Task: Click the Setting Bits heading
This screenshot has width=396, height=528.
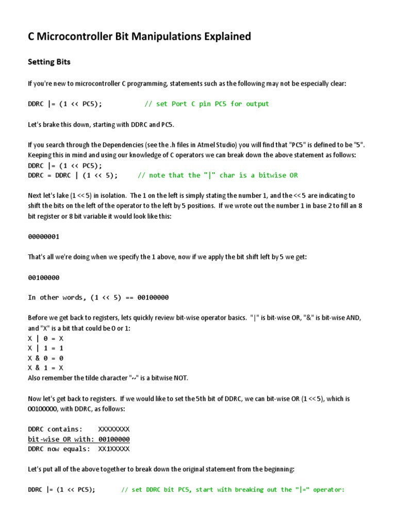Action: point(48,62)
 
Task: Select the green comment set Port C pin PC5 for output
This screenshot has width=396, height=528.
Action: point(206,104)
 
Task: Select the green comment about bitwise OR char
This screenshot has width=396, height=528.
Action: point(218,175)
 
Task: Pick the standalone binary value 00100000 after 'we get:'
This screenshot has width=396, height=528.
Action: point(44,277)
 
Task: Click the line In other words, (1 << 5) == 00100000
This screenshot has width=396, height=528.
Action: point(98,298)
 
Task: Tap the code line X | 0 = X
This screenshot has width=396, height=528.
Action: point(45,338)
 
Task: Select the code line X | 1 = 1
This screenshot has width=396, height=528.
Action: point(45,348)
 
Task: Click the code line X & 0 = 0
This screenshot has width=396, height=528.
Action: point(45,358)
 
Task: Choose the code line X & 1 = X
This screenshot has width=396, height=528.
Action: point(45,368)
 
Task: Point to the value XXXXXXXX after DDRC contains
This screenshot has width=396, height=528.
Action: point(113,429)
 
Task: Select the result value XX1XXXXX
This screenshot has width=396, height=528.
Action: point(113,449)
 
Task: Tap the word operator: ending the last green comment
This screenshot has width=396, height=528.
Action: point(328,489)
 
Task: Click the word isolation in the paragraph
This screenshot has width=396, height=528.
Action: point(110,196)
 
